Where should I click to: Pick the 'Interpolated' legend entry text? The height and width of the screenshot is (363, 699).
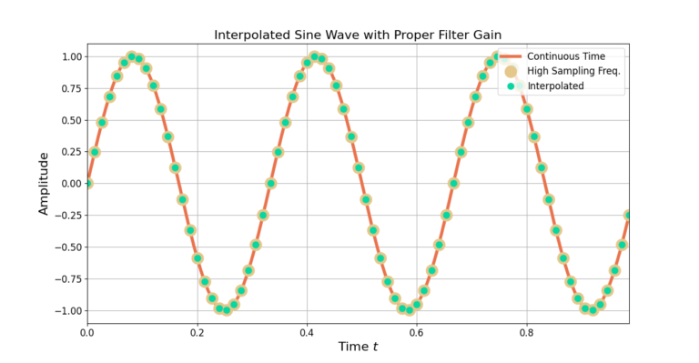(555, 86)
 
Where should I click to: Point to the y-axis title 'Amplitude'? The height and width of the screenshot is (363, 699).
(43, 183)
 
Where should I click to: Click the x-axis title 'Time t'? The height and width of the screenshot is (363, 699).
(358, 347)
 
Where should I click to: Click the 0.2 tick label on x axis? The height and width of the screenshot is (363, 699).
(198, 332)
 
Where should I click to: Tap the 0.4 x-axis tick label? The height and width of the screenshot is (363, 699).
(307, 332)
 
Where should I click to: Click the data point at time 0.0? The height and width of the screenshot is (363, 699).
(87, 183)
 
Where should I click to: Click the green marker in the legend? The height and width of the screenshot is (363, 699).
(511, 86)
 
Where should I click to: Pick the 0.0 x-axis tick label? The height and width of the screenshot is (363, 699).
(87, 332)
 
